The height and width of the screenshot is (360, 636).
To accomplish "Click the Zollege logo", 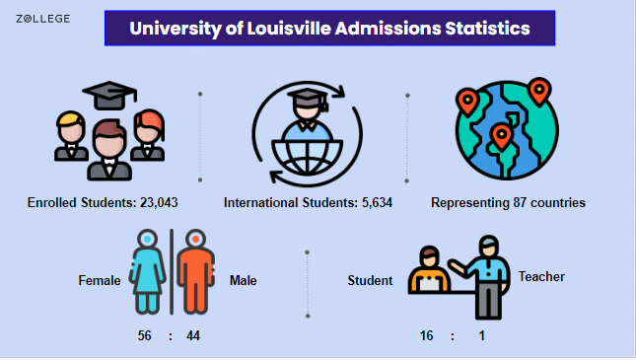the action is (43, 19).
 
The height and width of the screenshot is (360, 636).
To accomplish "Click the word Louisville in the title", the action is (289, 29).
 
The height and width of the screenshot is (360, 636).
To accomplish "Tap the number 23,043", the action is (159, 202).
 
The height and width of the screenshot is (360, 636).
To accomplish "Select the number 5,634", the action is (377, 202).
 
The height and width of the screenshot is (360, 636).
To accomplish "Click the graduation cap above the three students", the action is (109, 96).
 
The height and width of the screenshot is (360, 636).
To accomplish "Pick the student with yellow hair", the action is (71, 135).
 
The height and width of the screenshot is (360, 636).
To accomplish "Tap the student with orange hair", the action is (148, 135).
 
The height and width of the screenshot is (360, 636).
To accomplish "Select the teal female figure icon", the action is (147, 271).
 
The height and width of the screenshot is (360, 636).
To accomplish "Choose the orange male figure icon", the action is (195, 271).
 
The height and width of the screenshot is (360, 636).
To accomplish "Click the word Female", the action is (100, 280).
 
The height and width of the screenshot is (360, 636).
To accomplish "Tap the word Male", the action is (243, 280).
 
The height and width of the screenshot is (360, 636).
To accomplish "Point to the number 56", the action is (144, 335).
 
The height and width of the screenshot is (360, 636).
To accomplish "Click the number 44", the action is (193, 335).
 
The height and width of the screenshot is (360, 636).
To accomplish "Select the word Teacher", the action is (541, 277).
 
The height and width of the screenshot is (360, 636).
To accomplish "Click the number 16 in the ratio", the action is (426, 335).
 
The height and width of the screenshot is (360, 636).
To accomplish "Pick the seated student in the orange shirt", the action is (429, 269).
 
